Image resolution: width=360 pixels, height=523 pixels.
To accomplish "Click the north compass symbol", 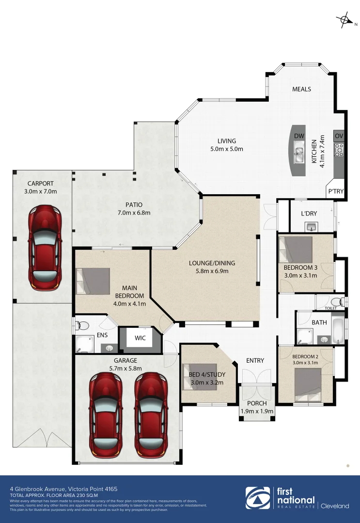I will click(345, 20).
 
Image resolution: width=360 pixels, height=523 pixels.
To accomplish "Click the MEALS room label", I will click(301, 89).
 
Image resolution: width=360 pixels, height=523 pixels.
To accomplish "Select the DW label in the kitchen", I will click(299, 136).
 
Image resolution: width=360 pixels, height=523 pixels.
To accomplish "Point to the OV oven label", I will click(339, 136).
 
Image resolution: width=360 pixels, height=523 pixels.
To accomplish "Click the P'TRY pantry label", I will click(336, 191).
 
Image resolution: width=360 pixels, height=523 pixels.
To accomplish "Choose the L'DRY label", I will click(309, 214).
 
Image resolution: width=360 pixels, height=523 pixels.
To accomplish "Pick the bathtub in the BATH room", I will click(337, 330).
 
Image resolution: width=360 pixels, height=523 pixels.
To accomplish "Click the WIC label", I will click(140, 338).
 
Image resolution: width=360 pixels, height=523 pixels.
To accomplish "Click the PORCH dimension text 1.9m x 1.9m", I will click(257, 412).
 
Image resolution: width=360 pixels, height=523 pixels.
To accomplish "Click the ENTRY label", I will click(255, 360).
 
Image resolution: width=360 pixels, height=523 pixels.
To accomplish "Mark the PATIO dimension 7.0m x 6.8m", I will click(134, 213).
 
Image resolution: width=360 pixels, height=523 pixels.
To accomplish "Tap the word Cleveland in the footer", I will click(335, 506).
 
